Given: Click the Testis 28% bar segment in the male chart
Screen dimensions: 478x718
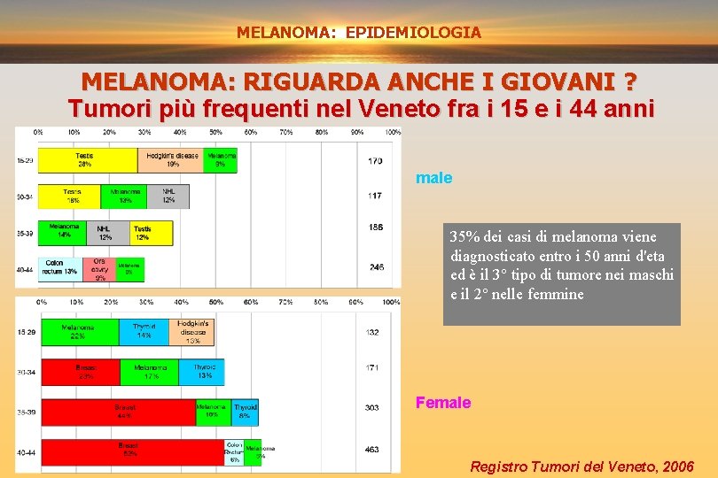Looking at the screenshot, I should [87, 160].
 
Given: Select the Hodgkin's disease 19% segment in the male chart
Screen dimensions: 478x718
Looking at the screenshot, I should [171, 160].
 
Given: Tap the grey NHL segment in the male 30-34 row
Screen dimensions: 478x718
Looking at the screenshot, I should [168, 197].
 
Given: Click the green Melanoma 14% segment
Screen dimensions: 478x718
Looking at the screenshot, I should [65, 232].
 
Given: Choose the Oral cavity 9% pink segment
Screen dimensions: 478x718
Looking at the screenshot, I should [99, 269].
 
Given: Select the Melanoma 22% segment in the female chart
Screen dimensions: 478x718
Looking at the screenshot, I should [79, 332].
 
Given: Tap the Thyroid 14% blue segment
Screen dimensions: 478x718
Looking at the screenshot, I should [144, 332].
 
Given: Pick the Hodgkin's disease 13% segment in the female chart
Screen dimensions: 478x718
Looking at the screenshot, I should [192, 331].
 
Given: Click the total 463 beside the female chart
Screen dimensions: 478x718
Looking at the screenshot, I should [372, 450].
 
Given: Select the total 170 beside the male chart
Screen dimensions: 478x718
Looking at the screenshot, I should [374, 161].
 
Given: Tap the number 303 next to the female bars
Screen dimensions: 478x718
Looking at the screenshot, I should [372, 408].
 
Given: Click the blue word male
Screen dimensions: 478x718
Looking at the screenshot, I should [433, 178].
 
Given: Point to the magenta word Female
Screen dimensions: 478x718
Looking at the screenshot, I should [443, 403].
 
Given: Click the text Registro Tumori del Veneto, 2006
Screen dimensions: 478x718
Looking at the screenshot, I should [581, 466].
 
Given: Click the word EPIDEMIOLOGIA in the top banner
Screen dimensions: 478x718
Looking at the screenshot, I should [413, 33].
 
